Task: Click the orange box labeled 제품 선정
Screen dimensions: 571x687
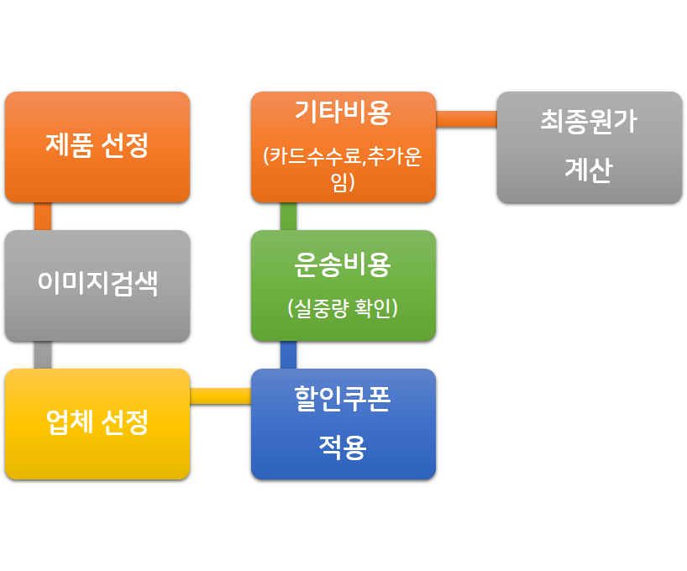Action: tap(97, 146)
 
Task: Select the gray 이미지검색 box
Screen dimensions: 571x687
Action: tap(97, 285)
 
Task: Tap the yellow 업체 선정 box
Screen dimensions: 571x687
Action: tap(97, 423)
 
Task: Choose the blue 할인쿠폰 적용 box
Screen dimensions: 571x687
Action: tap(343, 424)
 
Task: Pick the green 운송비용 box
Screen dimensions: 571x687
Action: tap(343, 285)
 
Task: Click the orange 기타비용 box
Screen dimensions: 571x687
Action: tap(343, 147)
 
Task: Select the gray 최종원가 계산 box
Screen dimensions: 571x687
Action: tap(589, 147)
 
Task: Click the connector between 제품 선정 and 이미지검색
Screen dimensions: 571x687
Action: tap(43, 217)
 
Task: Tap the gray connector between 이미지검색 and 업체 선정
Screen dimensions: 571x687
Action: tap(43, 355)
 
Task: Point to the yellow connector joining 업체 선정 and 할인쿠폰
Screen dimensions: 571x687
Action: tap(220, 396)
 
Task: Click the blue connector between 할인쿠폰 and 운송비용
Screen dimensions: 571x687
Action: tap(288, 355)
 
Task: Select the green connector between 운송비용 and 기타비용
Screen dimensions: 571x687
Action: tap(288, 217)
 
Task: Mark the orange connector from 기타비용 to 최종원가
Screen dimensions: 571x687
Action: tap(466, 119)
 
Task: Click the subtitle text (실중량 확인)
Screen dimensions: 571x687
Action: tap(343, 309)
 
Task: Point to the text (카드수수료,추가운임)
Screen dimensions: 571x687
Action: tap(343, 168)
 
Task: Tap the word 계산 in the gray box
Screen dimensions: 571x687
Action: tap(589, 170)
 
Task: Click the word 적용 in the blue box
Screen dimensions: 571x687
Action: tap(343, 447)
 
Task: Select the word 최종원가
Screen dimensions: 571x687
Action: tap(589, 123)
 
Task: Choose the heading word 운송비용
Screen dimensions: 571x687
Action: tap(343, 265)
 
